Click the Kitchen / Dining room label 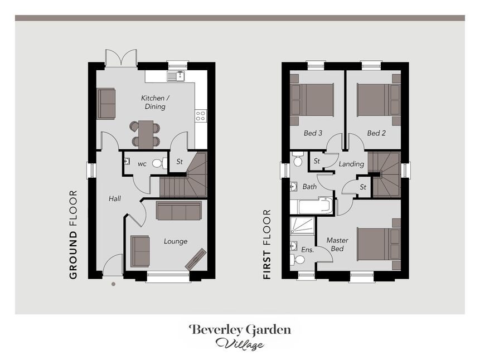pos(155,102)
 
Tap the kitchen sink pos(176,76)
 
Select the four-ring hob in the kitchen pos(201,116)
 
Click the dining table pos(146,135)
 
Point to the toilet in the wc pos(159,163)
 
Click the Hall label pos(115,199)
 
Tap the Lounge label pos(176,241)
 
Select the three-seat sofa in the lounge pos(179,210)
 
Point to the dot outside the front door pos(113,284)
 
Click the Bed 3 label pos(313,133)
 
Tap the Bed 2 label pos(376,133)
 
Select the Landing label pos(351,164)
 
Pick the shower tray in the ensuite pos(302,226)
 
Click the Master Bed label pos(337,244)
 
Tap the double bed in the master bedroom pos(379,244)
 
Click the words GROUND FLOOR pos(73,235)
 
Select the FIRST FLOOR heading pos(267,244)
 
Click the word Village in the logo pos(240,344)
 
